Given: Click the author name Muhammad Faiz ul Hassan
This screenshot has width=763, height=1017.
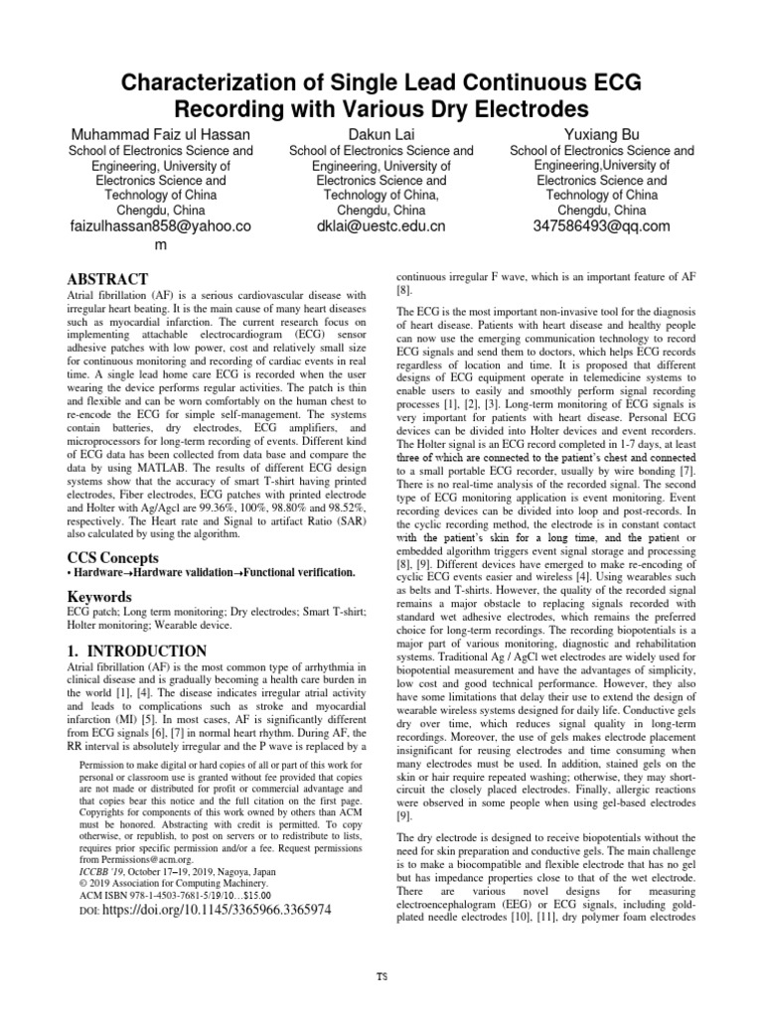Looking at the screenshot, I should click(x=159, y=133).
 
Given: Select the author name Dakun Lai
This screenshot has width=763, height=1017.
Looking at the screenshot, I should click(x=381, y=133).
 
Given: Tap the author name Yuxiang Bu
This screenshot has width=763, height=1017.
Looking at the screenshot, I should click(x=601, y=133).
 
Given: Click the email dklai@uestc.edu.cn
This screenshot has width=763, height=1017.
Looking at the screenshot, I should click(x=381, y=226).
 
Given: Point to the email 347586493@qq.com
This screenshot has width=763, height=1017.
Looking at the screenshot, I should click(x=601, y=226).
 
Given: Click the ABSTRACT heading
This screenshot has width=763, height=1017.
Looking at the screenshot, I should click(x=107, y=279).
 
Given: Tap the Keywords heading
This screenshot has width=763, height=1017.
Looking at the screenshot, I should click(x=99, y=597).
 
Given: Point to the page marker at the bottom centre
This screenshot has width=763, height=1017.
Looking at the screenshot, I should click(x=381, y=974).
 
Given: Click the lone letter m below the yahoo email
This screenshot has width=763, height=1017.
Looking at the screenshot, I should click(x=159, y=244).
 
